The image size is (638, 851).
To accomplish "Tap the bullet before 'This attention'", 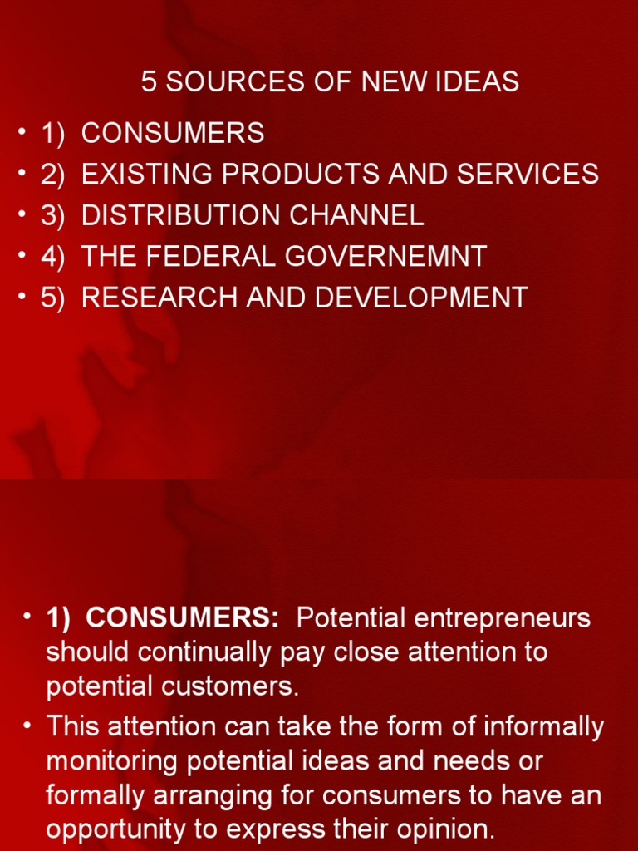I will pos(27,726).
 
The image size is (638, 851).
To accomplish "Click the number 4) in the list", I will pos(52,256).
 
